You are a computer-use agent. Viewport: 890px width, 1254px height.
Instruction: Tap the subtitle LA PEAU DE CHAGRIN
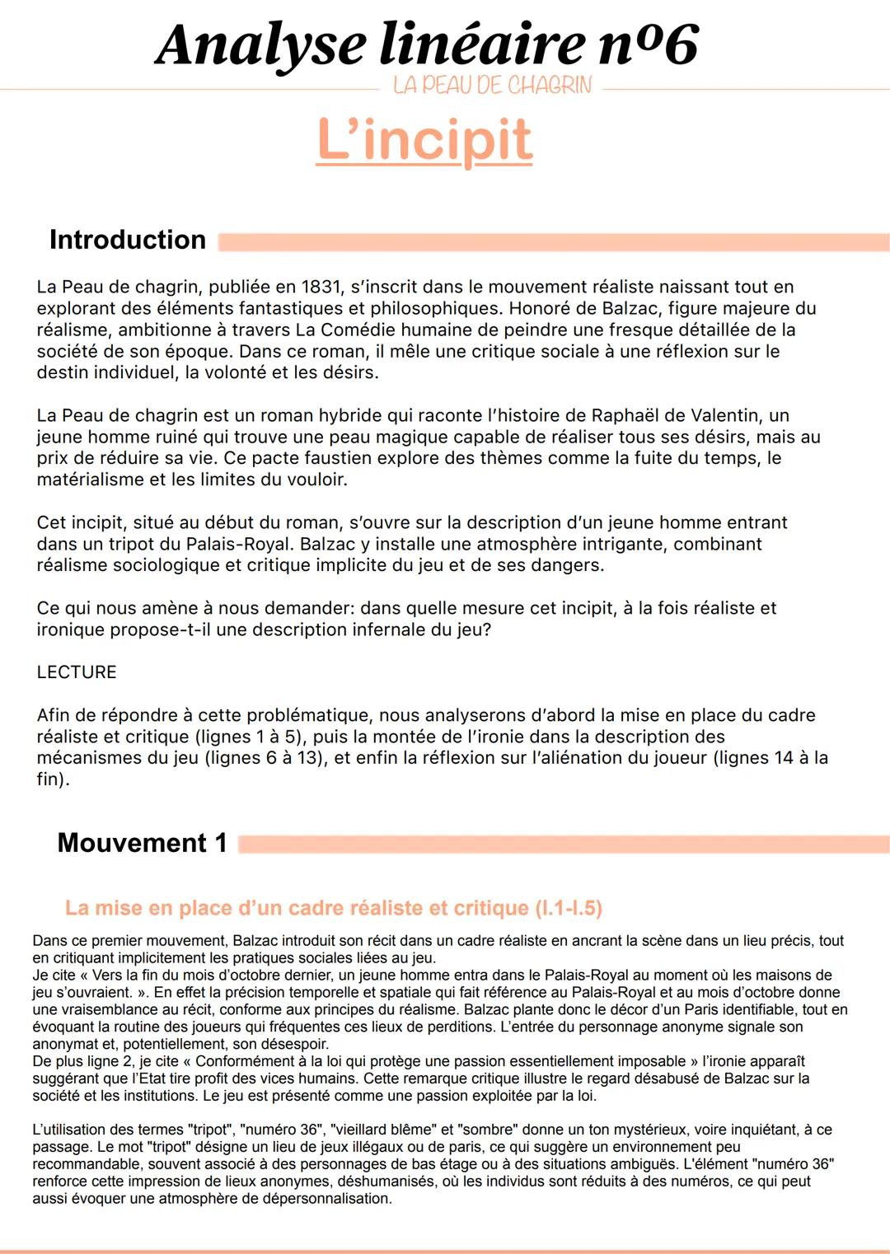[492, 86]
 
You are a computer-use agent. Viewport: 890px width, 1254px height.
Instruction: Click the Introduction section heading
[128, 240]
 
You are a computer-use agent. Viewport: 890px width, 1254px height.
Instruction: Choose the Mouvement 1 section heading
[142, 843]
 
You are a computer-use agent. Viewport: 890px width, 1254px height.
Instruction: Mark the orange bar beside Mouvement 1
[564, 845]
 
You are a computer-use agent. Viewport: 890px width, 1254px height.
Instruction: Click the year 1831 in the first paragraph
[321, 287]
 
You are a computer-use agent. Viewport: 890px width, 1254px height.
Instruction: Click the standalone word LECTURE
[77, 672]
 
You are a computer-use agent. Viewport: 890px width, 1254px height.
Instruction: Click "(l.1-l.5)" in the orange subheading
[569, 908]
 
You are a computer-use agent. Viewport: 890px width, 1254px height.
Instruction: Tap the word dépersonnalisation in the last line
[326, 1199]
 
